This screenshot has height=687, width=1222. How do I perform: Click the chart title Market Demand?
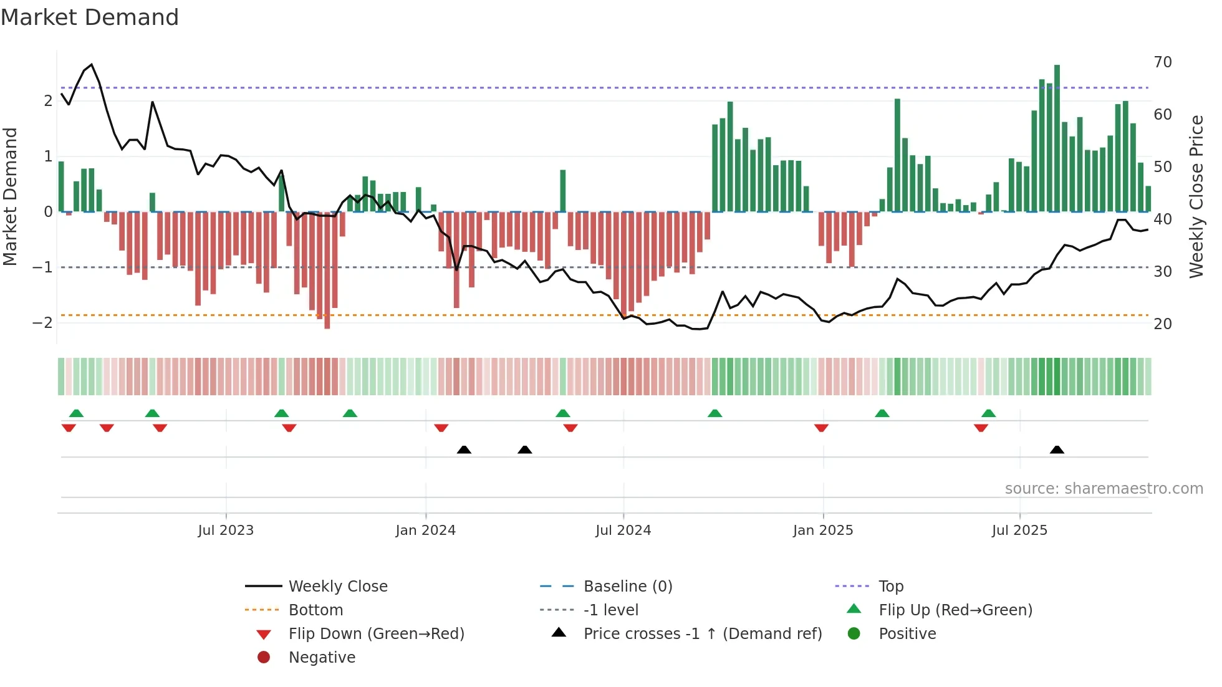90,17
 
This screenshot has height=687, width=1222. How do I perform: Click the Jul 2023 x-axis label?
226,531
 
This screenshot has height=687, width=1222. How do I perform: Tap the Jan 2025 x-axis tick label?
822,531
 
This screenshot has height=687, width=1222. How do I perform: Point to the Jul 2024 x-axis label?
623,531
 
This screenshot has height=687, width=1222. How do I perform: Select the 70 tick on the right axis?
1162,62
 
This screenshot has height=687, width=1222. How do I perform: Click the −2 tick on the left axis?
42,323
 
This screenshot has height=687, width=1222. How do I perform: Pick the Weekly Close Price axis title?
1196,196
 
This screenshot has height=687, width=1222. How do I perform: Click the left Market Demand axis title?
11,196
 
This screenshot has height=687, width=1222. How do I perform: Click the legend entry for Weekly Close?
338,587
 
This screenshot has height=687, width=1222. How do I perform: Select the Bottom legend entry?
315,610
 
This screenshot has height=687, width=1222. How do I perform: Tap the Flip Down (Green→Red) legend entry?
376,634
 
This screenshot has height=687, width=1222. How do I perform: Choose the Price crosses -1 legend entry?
702,634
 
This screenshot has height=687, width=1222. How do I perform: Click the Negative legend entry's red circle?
264,658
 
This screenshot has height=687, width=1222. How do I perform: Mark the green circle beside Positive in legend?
854,634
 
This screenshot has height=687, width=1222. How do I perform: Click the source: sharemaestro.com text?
1104,489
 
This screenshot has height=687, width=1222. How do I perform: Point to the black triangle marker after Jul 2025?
1057,449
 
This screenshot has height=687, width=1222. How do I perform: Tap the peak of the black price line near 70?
92,65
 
